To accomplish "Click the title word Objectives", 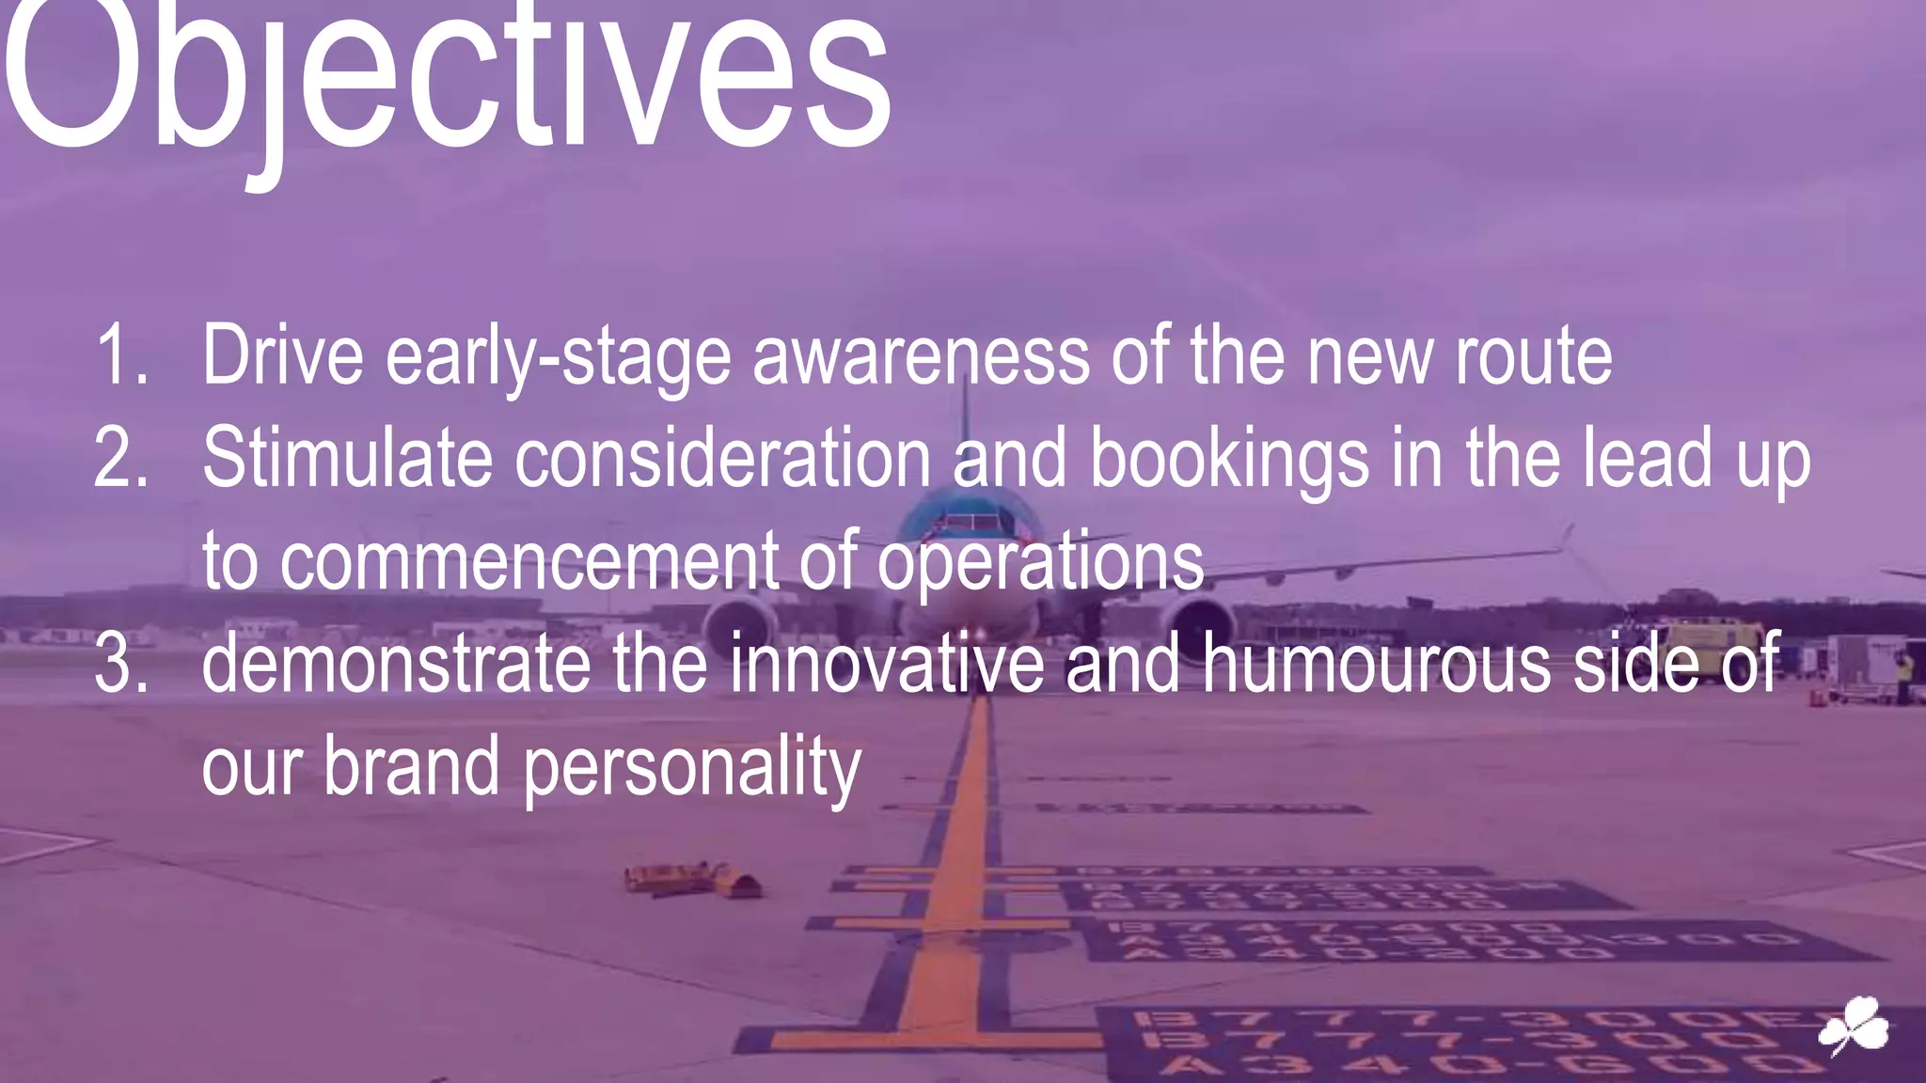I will click(447, 80).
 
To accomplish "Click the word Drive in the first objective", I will click(282, 355).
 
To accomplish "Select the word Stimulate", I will click(347, 458).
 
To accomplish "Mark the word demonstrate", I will click(396, 664).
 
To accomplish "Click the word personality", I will click(691, 767).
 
